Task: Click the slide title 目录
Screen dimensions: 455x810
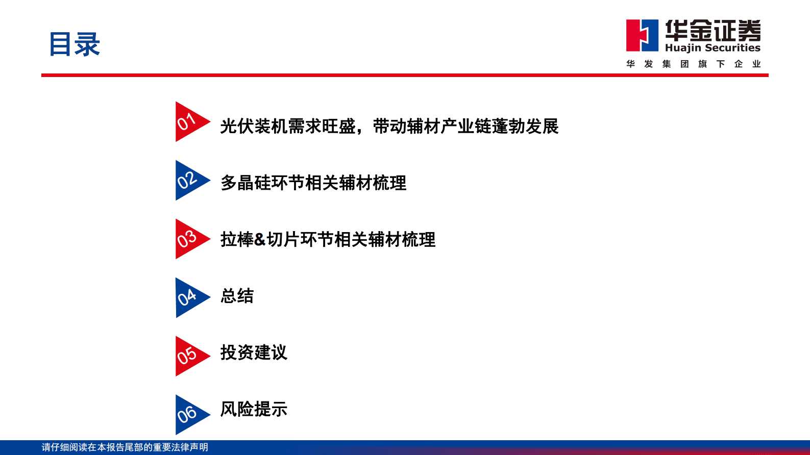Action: pyautogui.click(x=75, y=44)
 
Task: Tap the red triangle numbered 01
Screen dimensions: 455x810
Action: pyautogui.click(x=188, y=122)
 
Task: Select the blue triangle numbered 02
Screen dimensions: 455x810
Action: pyautogui.click(x=188, y=181)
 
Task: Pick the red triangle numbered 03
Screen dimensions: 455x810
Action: pyautogui.click(x=188, y=239)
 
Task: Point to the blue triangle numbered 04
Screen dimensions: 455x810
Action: pyautogui.click(x=188, y=298)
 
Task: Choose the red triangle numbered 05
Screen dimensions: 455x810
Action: pyautogui.click(x=188, y=356)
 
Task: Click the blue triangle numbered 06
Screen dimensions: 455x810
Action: pyautogui.click(x=188, y=415)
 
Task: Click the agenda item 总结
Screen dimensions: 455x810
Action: pyautogui.click(x=237, y=296)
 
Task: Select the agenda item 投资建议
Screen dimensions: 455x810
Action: pyautogui.click(x=254, y=352)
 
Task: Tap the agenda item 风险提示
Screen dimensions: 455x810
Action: pyautogui.click(x=254, y=409)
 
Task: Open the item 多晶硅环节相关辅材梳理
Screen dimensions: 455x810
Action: pyautogui.click(x=313, y=183)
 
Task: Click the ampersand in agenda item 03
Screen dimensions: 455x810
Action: pyautogui.click(x=260, y=239)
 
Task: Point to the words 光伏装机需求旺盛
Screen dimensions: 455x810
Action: pyautogui.click(x=287, y=126)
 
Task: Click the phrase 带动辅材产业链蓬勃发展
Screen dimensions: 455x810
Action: pyautogui.click(x=465, y=126)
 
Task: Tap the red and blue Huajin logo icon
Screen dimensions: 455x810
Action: pyautogui.click(x=642, y=35)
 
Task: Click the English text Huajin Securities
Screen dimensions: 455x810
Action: pyautogui.click(x=713, y=48)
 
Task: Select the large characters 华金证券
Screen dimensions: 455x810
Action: pyautogui.click(x=713, y=31)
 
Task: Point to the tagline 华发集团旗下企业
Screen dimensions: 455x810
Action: pyautogui.click(x=694, y=64)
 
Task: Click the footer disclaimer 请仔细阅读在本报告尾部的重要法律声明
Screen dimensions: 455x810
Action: pyautogui.click(x=125, y=447)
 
